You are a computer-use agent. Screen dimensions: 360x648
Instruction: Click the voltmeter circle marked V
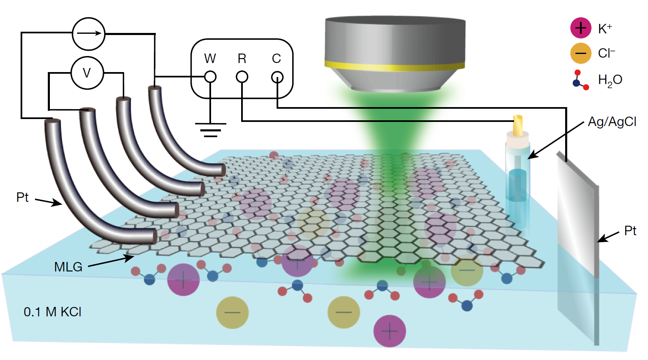point(87,73)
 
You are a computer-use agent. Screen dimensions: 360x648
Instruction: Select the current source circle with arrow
point(89,34)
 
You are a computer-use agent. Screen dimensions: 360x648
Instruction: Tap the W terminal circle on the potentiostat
point(210,77)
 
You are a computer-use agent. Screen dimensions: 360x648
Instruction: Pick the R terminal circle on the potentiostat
point(242,77)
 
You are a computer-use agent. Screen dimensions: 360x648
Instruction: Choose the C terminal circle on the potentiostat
point(277,77)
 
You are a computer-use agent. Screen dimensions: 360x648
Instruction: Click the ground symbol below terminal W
point(210,129)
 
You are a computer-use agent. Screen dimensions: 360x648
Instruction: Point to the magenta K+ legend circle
point(580,28)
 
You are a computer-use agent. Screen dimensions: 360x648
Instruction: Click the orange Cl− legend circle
point(580,53)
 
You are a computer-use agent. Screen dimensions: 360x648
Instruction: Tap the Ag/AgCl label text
point(612,122)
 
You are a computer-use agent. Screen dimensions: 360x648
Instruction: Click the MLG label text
point(68,267)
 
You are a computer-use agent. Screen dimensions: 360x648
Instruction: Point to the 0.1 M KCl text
point(52,312)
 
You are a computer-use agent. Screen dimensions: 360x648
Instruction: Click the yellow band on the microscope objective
point(394,65)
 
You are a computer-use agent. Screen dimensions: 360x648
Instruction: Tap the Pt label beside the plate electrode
point(630,231)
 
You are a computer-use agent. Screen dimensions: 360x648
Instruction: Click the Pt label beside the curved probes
point(23,197)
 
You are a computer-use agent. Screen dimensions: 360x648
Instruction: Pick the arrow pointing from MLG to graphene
point(111,261)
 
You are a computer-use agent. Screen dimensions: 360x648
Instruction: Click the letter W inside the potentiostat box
point(210,58)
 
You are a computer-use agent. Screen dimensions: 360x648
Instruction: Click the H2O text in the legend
point(610,80)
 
